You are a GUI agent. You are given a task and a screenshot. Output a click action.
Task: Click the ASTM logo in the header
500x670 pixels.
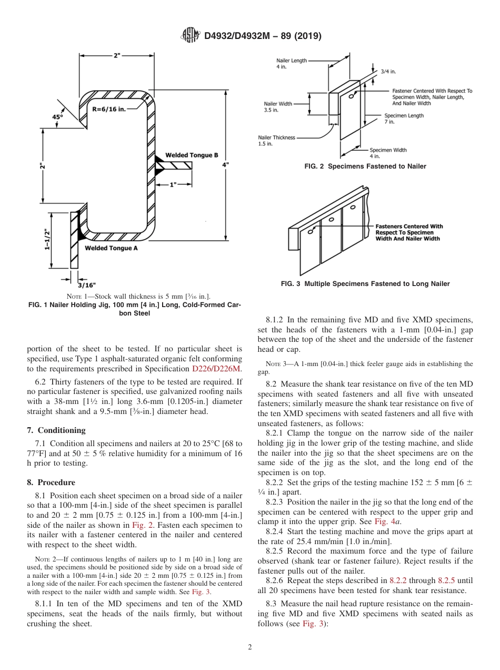click(x=190, y=35)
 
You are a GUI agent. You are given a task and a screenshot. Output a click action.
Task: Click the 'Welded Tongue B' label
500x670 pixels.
click(x=192, y=155)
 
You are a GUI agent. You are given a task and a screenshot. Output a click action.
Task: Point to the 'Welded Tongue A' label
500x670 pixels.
click(x=111, y=248)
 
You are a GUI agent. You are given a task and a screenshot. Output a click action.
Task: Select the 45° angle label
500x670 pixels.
click(x=57, y=117)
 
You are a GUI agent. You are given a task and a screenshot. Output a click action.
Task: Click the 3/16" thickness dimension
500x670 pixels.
click(x=87, y=285)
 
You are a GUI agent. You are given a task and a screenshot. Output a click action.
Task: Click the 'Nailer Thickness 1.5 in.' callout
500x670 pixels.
click(x=276, y=140)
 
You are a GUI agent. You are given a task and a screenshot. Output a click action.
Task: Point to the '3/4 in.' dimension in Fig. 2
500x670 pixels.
click(x=388, y=71)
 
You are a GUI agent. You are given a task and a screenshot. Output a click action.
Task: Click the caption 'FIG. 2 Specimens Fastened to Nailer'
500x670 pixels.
click(x=365, y=166)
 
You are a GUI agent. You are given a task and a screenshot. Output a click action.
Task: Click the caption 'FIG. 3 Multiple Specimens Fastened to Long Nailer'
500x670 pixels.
click(x=365, y=284)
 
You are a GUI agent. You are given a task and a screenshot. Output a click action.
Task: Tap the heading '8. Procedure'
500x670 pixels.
click(x=51, y=482)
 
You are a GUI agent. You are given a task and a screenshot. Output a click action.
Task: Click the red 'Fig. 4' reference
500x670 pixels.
click(x=384, y=521)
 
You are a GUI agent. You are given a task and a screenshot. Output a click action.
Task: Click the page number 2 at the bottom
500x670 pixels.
click(x=250, y=647)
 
